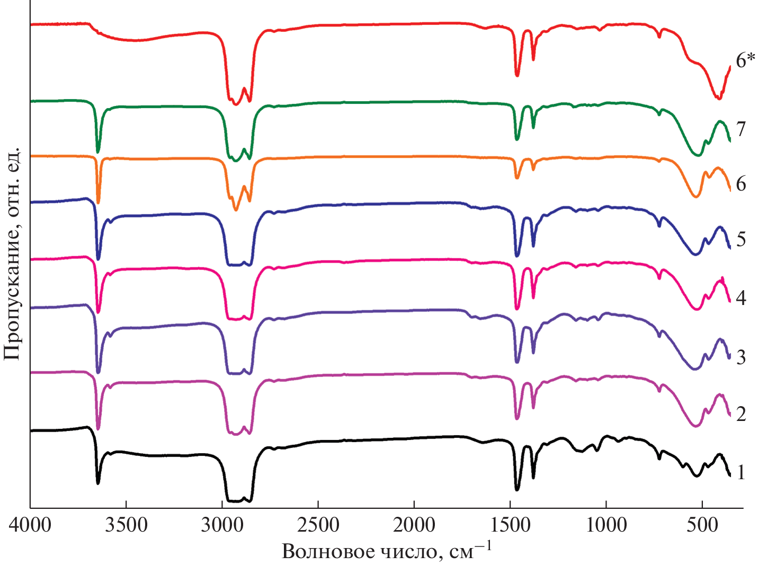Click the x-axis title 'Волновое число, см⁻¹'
pos(387,551)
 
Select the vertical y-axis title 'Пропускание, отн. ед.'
pos(12,254)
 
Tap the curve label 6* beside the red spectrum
pos(745,60)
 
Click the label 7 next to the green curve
pos(741,129)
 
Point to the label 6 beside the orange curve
pos(741,184)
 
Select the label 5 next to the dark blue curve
pos(741,239)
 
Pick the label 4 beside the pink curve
pos(741,298)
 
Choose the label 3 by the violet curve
pos(741,357)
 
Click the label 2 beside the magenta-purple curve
pos(741,414)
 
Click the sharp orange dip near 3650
pos(98,201)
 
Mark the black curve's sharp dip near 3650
pos(98,482)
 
